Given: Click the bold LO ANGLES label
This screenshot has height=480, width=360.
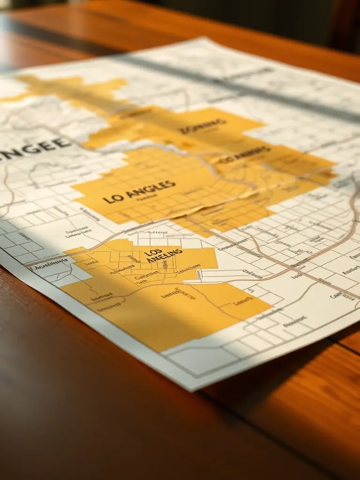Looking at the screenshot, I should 139,192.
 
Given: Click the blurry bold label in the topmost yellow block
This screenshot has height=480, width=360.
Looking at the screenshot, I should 203,125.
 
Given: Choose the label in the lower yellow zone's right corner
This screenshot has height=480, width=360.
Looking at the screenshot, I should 243,303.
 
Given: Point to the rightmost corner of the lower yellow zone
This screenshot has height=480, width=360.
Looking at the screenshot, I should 272,307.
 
